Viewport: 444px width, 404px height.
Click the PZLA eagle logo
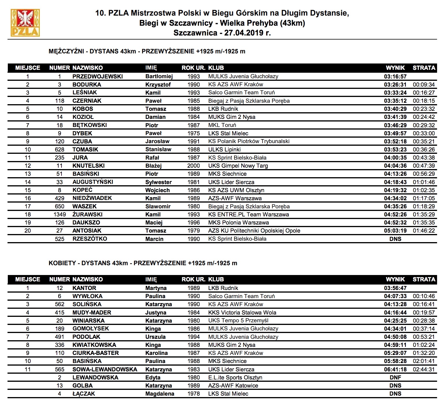(x=25, y=23)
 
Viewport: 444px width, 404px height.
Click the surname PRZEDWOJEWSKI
(x=97, y=76)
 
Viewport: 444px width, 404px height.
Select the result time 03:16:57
(x=395, y=76)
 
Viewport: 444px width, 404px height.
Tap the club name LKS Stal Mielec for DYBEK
(x=228, y=133)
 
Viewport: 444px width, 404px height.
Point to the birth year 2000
(x=193, y=166)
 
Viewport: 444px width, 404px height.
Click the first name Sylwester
(x=158, y=182)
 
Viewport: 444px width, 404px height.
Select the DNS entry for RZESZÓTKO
(x=395, y=239)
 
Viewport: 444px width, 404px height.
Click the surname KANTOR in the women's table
(x=84, y=288)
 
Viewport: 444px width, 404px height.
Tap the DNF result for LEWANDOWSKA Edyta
(x=395, y=377)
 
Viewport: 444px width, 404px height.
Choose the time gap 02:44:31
(x=424, y=369)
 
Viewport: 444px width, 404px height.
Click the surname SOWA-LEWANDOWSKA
(x=105, y=369)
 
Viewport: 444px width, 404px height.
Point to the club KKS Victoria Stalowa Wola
(x=242, y=313)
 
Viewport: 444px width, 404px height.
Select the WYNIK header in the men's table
(x=395, y=68)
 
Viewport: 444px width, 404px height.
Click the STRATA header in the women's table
(x=424, y=279)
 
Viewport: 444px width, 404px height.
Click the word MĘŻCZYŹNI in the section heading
(x=66, y=51)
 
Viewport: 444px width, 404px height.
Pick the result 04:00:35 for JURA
(x=395, y=158)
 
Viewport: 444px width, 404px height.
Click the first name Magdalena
(x=160, y=394)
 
